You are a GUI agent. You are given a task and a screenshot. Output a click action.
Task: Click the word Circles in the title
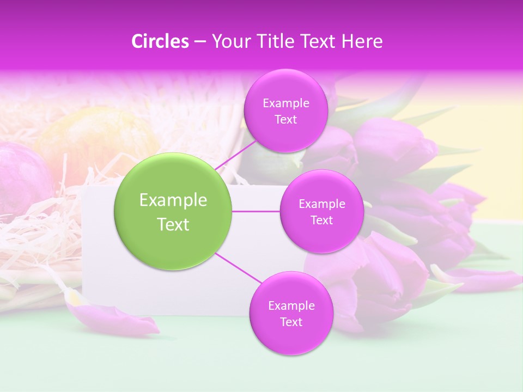point(160,41)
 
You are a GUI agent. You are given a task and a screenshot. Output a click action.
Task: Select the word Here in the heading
point(362,41)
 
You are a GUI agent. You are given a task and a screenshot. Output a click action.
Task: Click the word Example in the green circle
point(173,200)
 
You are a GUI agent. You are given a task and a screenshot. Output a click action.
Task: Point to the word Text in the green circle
point(173,224)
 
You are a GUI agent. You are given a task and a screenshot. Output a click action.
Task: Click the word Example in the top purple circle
point(286,103)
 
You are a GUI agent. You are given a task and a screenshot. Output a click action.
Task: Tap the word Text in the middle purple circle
point(321,220)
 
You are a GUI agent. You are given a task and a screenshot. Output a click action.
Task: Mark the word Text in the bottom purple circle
point(291,322)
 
